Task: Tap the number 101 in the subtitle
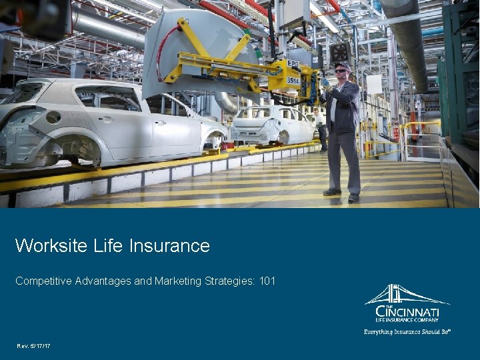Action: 267,281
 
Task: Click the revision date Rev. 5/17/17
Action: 33,345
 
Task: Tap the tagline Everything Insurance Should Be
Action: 407,331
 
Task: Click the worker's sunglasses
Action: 341,70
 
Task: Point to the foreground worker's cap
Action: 342,65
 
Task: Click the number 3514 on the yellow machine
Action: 293,79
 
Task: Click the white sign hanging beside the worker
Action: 373,84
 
